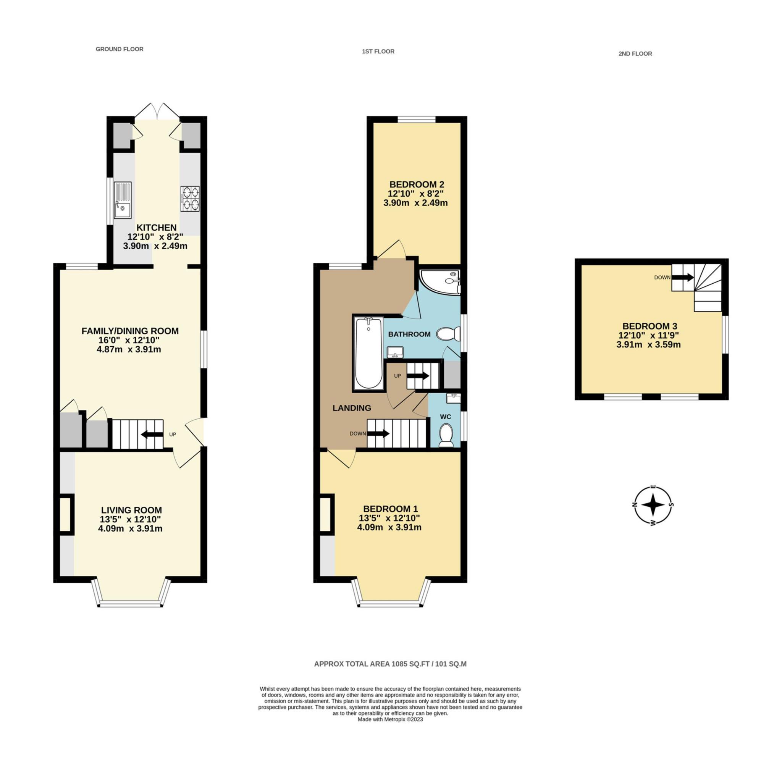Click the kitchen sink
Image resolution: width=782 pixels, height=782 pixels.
pos(123,200)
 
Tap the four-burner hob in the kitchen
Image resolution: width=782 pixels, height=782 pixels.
pos(190,198)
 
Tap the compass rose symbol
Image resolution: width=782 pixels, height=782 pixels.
pos(653,505)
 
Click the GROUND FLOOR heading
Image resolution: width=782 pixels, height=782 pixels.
pos(120,49)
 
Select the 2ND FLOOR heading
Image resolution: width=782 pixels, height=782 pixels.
pos(635,53)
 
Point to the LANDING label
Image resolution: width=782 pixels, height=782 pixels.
pos(352,408)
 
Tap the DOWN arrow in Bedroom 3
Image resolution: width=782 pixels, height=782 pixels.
pos(683,277)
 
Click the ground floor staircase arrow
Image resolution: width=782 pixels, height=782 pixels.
pos(152,434)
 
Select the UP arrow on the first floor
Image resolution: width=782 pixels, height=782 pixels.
pos(418,376)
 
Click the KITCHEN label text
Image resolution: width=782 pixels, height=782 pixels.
pos(156,228)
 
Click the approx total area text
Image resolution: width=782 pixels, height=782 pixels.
pos(390,664)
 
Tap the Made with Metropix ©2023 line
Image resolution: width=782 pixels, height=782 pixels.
pos(390,730)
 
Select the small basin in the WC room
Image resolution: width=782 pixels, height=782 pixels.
pos(453,398)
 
